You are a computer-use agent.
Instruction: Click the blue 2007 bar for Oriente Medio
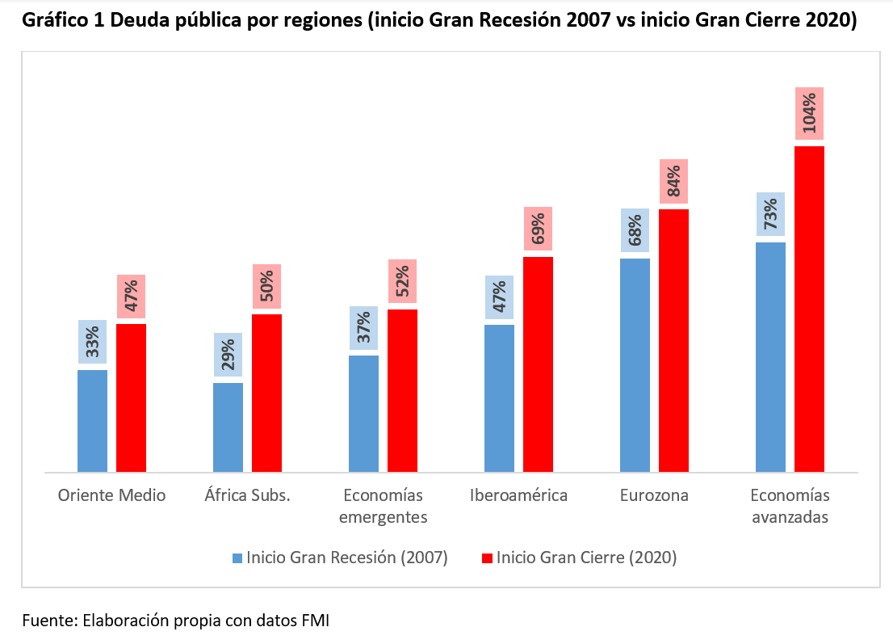point(92,420)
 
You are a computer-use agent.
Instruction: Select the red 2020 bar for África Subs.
point(266,393)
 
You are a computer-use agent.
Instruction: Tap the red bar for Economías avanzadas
point(809,309)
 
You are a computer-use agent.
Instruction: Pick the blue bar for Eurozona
point(635,365)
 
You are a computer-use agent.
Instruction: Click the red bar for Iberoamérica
point(538,364)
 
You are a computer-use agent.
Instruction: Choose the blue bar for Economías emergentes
point(363,413)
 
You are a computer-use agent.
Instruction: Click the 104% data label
point(809,114)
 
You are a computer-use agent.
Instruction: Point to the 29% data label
point(228,355)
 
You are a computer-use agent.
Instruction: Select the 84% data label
point(673,181)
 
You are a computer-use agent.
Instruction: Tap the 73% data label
point(770,214)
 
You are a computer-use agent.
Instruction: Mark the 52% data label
point(402,281)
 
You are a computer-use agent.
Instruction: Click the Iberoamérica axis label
point(518,495)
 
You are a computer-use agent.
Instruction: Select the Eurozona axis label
point(654,495)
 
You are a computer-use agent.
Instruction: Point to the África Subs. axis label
point(247,495)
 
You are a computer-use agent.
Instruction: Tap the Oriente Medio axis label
point(111,495)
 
